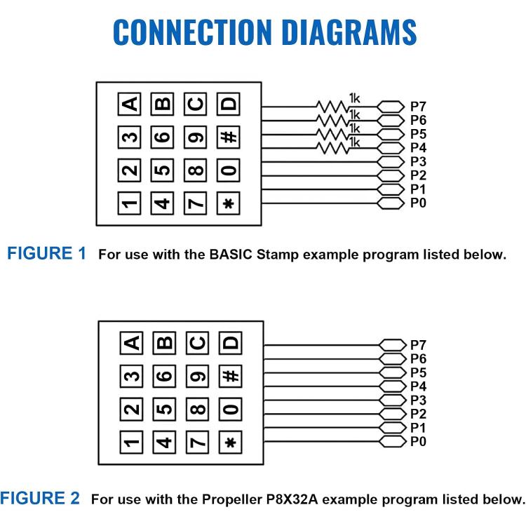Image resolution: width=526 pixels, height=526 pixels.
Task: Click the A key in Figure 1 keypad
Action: tap(130, 104)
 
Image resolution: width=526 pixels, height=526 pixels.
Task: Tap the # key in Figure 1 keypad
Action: tap(229, 137)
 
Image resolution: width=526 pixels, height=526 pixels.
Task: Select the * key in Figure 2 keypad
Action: tap(231, 443)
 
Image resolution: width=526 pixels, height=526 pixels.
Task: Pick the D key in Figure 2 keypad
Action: tap(231, 343)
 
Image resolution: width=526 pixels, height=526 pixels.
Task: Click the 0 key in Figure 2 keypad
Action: tap(231, 410)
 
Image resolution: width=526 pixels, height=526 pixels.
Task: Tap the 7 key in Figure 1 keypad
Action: tap(196, 203)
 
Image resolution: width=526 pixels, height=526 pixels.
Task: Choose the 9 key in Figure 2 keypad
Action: tap(198, 376)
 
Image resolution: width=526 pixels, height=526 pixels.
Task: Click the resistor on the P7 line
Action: tap(332, 107)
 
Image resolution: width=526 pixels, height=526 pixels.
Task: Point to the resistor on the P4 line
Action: tap(332, 148)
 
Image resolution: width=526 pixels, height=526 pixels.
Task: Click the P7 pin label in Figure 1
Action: tap(418, 107)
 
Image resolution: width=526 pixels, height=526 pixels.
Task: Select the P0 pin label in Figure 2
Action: tap(418, 441)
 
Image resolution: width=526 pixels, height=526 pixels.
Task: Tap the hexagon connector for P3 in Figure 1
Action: tap(391, 162)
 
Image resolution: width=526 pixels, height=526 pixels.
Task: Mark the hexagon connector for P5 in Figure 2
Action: tap(393, 372)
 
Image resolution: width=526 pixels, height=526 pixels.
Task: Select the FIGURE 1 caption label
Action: tap(46, 253)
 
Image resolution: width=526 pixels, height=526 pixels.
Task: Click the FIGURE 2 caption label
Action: tap(40, 498)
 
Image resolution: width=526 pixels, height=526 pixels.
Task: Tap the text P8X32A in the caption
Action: tap(292, 499)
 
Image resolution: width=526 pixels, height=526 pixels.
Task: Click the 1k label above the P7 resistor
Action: tap(354, 98)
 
